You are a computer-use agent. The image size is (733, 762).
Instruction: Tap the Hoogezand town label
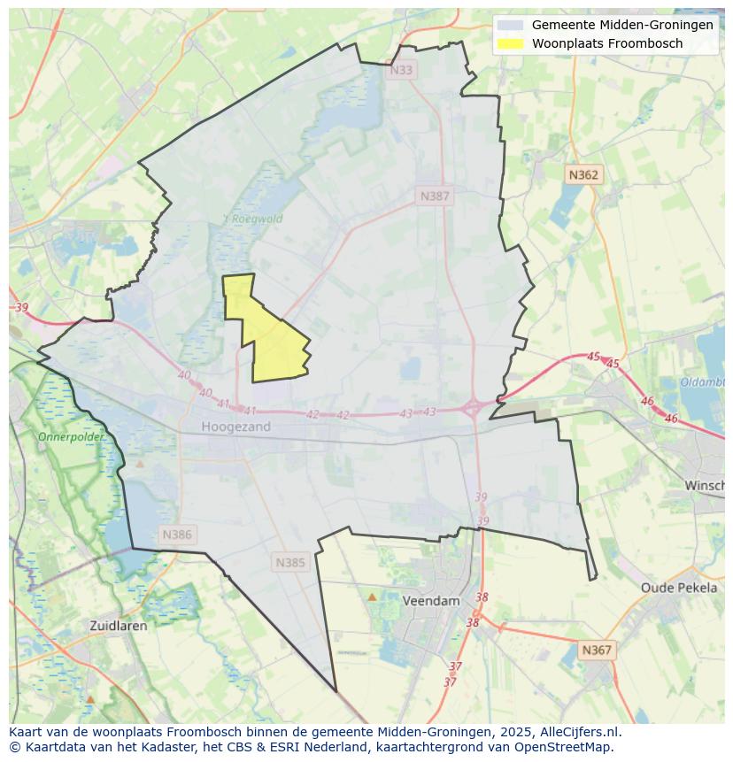pos(235,427)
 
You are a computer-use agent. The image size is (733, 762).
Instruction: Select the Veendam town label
pos(431,600)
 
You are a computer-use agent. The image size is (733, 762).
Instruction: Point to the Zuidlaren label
pos(119,625)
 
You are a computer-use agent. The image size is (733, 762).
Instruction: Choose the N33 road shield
pos(401,70)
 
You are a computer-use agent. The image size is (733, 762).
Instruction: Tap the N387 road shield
pos(435,196)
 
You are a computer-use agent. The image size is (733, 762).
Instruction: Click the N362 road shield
pos(583,175)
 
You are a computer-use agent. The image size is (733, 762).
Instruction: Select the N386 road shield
pos(177,535)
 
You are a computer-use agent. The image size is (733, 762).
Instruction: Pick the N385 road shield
pos(290,562)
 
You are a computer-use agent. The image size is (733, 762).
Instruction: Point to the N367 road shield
pos(596,650)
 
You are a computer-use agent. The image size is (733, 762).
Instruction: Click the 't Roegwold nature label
pos(252,219)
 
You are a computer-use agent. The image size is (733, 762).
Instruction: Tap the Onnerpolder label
pos(71,437)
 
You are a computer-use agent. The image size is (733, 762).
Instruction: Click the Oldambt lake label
pos(703,382)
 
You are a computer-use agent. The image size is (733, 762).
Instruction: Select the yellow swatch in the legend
pos(510,43)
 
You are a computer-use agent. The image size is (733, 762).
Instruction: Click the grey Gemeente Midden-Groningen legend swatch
pos(510,25)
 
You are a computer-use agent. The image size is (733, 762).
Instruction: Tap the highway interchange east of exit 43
pos(473,408)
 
